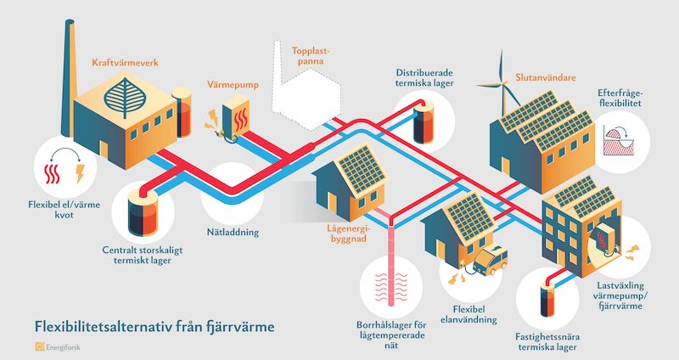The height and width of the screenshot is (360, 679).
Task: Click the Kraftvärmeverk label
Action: (126, 63)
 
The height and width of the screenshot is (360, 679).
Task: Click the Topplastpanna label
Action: (310, 56)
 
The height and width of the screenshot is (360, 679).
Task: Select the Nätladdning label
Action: (231, 231)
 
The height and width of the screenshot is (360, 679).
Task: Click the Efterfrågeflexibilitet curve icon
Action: (620, 140)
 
